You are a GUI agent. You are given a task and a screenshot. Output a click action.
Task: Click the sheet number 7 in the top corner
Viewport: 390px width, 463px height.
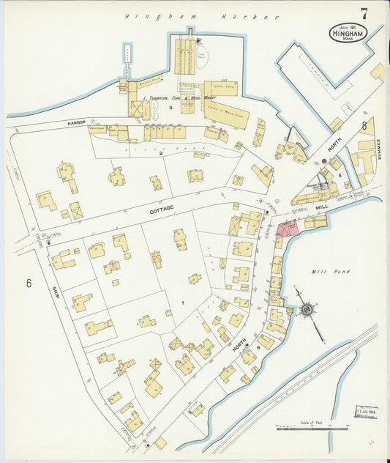(364, 13)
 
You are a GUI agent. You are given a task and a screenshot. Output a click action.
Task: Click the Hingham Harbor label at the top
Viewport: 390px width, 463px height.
(201, 15)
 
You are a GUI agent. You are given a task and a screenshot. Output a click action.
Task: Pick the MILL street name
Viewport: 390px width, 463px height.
(322, 208)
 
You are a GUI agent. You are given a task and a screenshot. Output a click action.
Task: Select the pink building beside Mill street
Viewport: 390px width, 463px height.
(285, 227)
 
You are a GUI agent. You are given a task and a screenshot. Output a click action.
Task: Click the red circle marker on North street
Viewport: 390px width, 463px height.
(323, 161)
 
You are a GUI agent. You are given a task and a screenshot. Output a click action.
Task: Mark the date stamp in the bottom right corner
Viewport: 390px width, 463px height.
(367, 411)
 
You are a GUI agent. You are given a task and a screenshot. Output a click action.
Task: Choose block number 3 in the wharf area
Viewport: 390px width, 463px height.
(170, 108)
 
